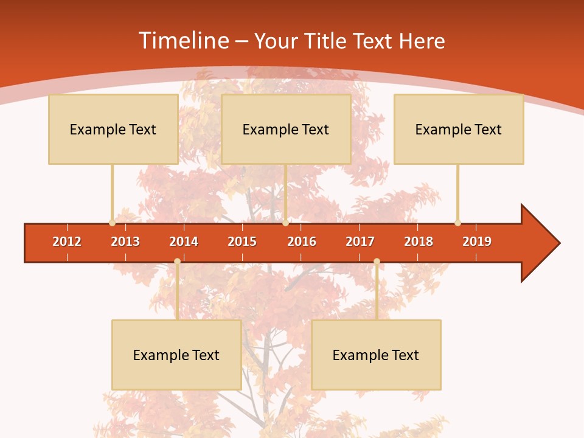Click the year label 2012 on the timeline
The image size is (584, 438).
[67, 242]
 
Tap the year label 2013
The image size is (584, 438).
[125, 242]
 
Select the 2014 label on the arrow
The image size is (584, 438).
[184, 242]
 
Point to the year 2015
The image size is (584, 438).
[242, 242]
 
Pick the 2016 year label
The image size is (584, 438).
[302, 242]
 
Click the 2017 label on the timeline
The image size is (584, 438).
[360, 242]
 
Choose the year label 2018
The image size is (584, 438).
[419, 242]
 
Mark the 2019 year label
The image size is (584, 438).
[477, 242]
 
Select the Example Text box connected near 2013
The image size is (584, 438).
[113, 129]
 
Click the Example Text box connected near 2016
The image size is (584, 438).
[286, 129]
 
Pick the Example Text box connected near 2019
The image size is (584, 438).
[459, 129]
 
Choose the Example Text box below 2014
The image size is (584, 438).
[176, 355]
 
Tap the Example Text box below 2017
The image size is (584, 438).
[376, 355]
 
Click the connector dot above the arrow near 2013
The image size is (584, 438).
[112, 223]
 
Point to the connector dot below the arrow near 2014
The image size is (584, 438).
[177, 261]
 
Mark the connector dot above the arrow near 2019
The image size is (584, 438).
[457, 223]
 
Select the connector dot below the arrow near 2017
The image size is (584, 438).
[377, 261]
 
